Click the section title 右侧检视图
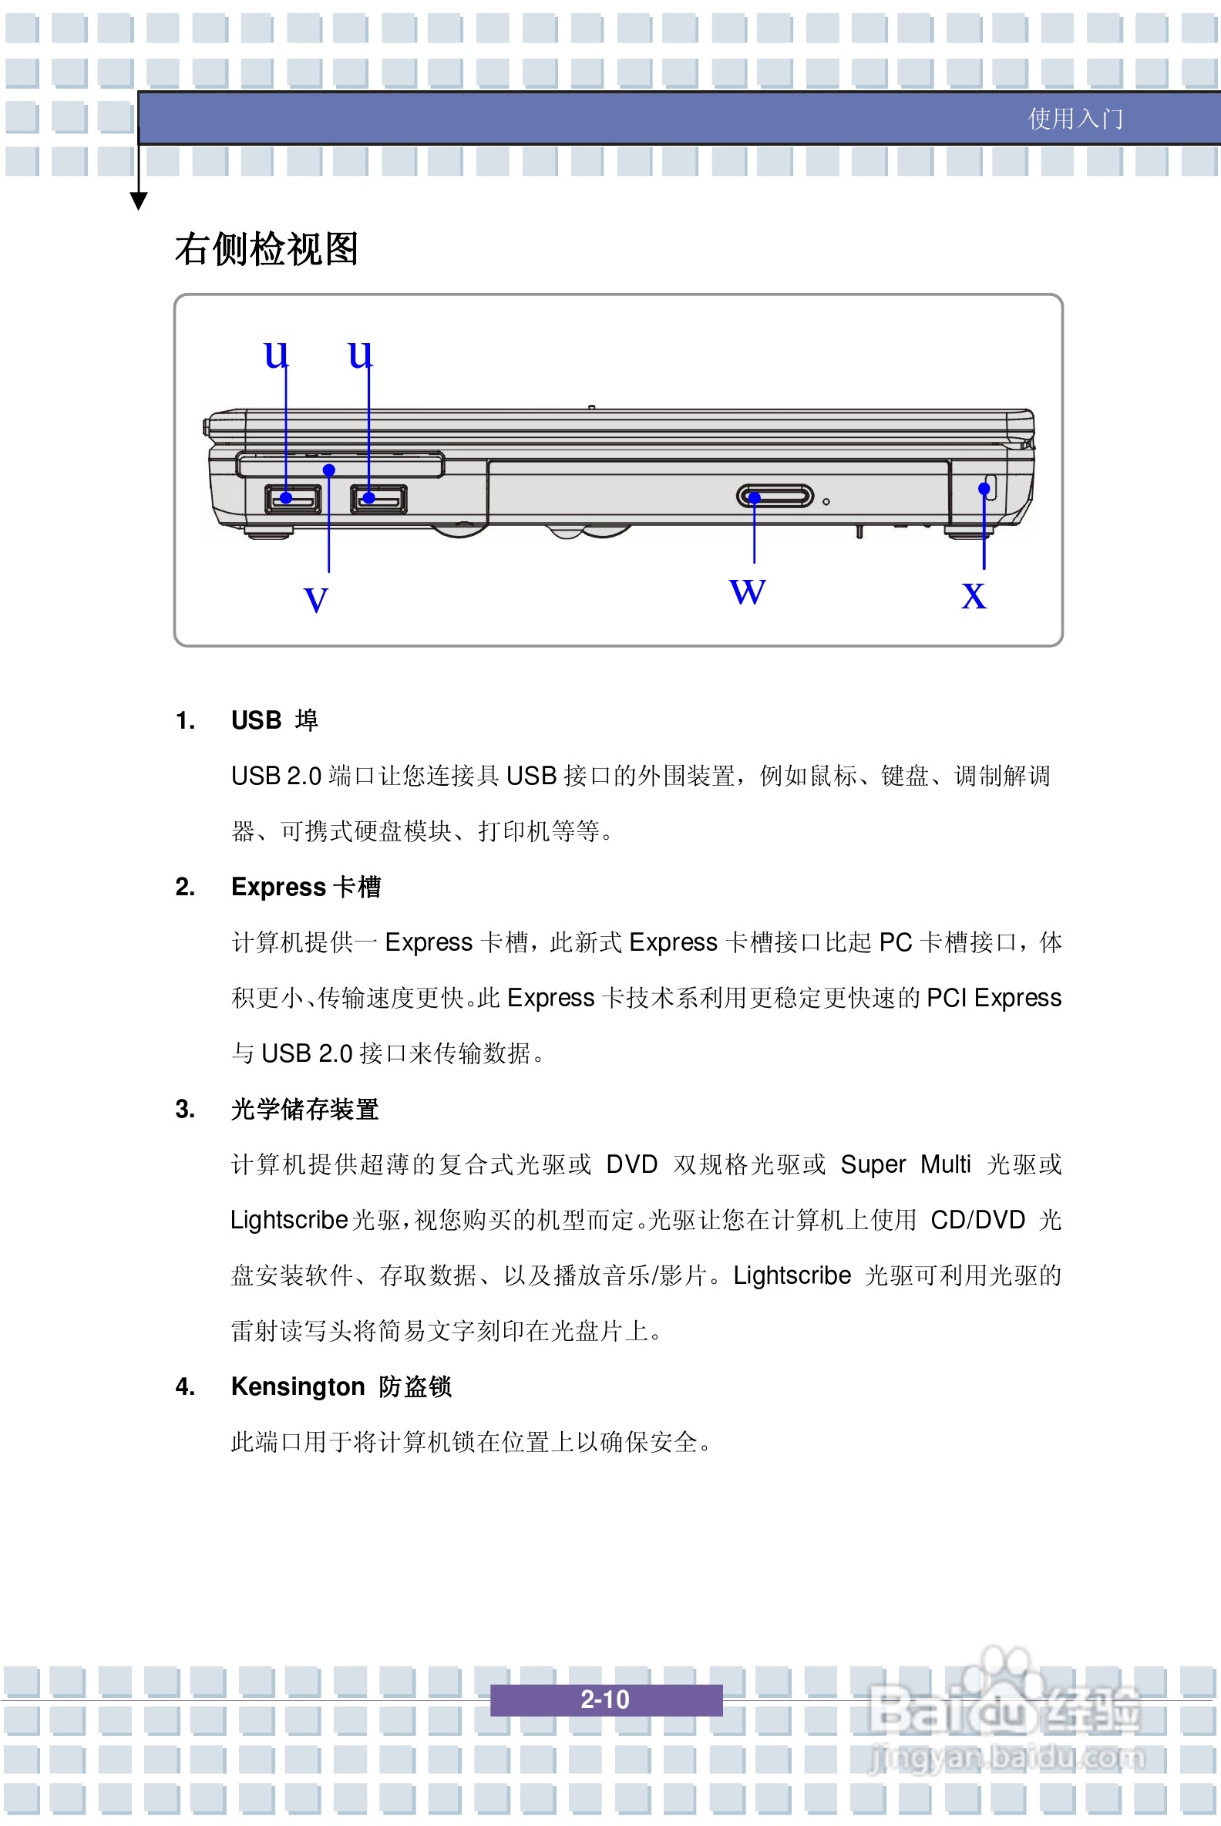coord(265,249)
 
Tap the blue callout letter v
coord(315,600)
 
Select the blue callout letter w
coord(748,591)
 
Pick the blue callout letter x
coord(974,596)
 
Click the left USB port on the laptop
coord(293,499)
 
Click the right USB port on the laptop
coord(378,499)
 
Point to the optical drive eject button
coord(775,497)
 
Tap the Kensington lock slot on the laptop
coord(990,486)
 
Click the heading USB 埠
coord(274,719)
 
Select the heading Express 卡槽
coord(305,887)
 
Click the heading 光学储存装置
coord(304,1109)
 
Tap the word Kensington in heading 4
coord(298,1386)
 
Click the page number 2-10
coord(605,1699)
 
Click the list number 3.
coord(184,1109)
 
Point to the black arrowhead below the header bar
coord(139,202)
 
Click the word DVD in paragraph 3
coord(631,1164)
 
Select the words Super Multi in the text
coord(905,1164)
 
